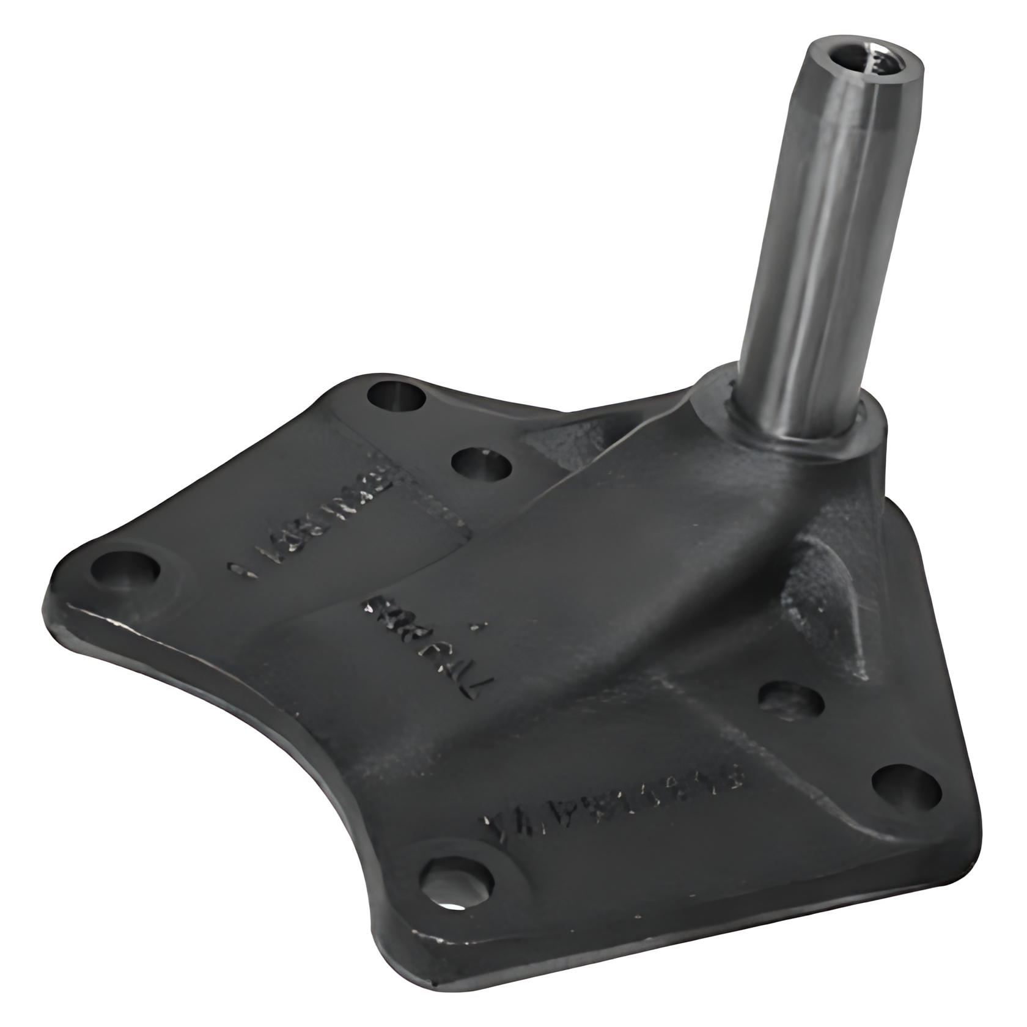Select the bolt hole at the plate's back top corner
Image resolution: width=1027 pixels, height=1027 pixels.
click(397, 397)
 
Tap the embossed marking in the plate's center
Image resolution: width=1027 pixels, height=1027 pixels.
click(428, 642)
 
